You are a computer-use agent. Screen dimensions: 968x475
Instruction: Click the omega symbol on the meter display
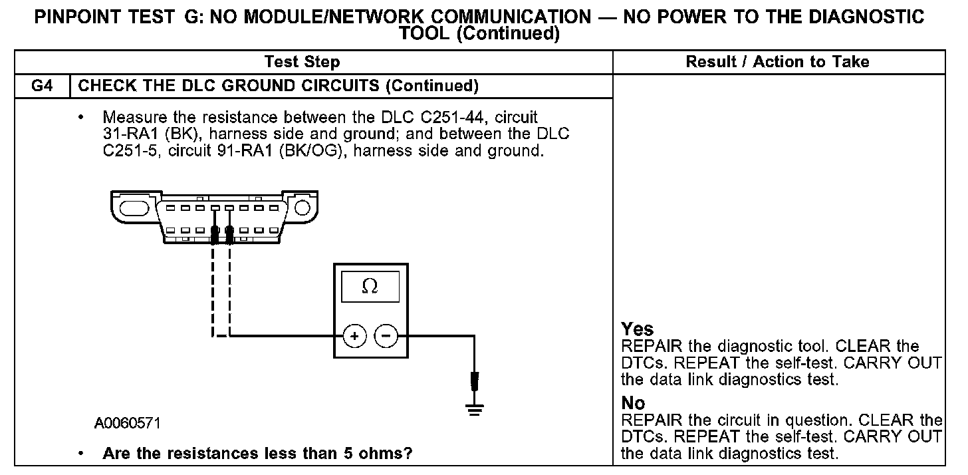click(370, 286)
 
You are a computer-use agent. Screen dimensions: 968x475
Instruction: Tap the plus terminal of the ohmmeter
click(354, 336)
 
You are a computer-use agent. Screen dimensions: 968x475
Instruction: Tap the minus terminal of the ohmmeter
click(386, 336)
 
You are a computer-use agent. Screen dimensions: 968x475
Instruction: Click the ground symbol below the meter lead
click(475, 409)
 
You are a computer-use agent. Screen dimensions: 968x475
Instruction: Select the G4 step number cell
click(42, 86)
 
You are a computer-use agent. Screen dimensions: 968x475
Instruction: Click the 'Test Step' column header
click(302, 62)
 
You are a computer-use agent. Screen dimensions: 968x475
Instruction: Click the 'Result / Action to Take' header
click(777, 62)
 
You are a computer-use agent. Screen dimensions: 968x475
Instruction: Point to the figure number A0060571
click(127, 422)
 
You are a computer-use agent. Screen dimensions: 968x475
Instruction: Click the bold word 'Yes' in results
click(637, 329)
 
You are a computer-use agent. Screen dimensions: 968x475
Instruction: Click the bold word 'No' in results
click(633, 403)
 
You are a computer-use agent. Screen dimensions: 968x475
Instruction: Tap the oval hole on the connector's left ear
click(134, 208)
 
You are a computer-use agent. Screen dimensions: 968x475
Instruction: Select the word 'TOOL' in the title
click(424, 33)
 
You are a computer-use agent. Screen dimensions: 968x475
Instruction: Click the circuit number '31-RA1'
click(130, 134)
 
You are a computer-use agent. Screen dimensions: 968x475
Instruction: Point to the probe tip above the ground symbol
click(475, 382)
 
